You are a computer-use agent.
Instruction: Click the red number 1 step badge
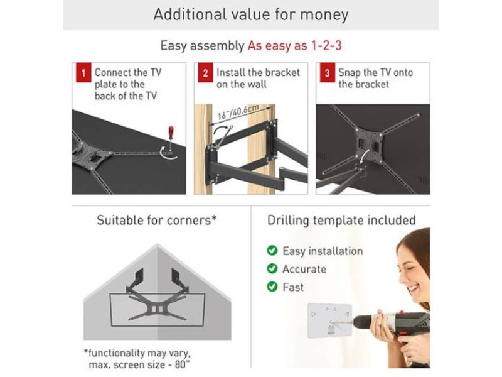[83, 73]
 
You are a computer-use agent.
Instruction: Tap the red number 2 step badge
[206, 73]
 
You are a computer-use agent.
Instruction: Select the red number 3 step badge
[328, 73]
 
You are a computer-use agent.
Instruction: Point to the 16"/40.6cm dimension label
[238, 112]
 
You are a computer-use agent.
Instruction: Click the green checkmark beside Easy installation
[272, 250]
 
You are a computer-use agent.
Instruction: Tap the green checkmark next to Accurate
[272, 268]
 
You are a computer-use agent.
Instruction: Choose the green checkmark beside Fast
[272, 287]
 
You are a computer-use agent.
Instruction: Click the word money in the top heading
[324, 14]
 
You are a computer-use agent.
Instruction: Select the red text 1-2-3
[326, 45]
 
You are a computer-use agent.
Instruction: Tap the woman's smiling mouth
[414, 288]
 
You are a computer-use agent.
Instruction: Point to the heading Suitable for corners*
[157, 221]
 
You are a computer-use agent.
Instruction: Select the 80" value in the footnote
[183, 364]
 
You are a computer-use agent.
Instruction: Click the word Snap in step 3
[350, 73]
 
